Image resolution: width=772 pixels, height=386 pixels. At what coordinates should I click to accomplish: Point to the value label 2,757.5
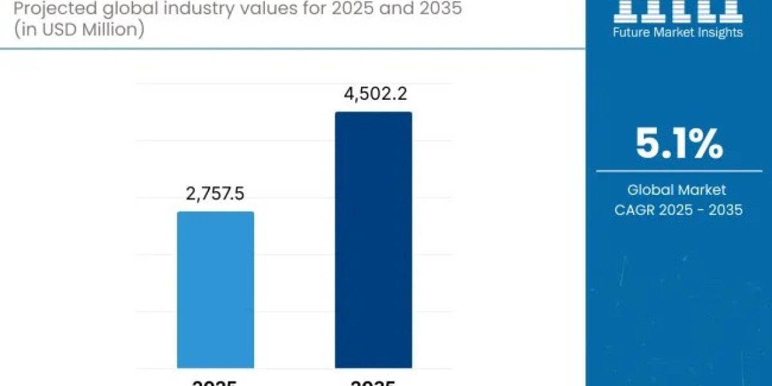pyautogui.click(x=216, y=194)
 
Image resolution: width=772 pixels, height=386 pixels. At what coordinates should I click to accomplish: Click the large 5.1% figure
pyautogui.click(x=679, y=144)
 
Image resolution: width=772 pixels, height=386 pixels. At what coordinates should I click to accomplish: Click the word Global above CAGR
pyautogui.click(x=650, y=190)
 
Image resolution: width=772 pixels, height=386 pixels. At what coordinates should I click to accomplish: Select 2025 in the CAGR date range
pyautogui.click(x=677, y=209)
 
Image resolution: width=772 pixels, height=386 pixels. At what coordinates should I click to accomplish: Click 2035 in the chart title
pyautogui.click(x=437, y=10)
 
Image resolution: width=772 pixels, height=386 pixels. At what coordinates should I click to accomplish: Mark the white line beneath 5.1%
pyautogui.click(x=679, y=171)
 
